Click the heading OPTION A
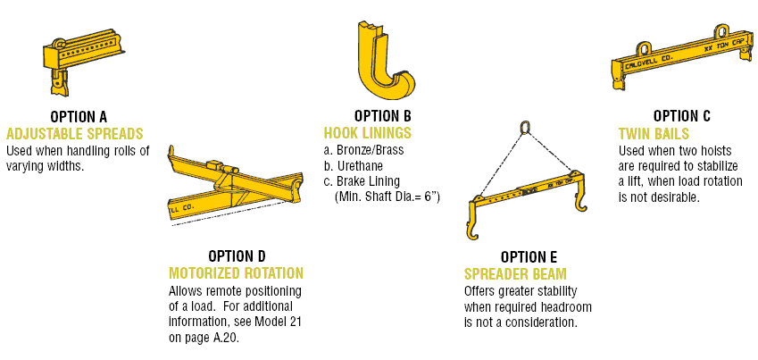click(79, 117)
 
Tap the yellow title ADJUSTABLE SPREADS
click(75, 133)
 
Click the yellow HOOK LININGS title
click(368, 132)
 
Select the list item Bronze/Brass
click(363, 150)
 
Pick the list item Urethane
click(354, 166)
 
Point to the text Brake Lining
click(362, 182)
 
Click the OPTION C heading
click(681, 116)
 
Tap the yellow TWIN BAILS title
click(654, 133)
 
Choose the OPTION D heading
click(237, 256)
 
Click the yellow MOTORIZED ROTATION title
click(236, 273)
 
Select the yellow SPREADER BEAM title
click(515, 274)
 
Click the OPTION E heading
click(529, 257)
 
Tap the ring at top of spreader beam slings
click(524, 127)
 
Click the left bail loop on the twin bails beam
click(644, 49)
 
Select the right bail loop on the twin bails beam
click(721, 32)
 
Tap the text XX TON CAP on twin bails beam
click(726, 45)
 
